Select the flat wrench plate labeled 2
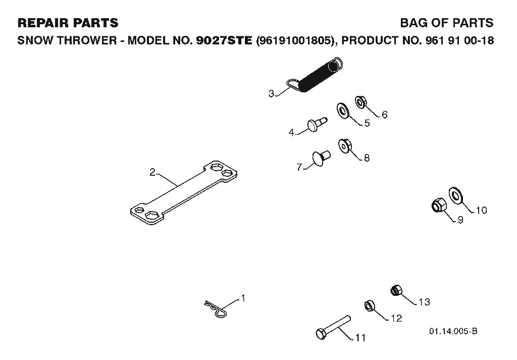coord(184,193)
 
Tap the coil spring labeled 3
coord(317,75)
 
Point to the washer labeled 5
coord(343,111)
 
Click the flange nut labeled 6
coord(360,101)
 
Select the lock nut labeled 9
coord(439,205)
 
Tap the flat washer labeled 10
coord(456,196)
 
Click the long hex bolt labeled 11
coord(333,327)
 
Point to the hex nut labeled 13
coord(396,290)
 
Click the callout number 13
coord(424,302)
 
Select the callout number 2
coord(152,172)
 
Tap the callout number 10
coord(481,210)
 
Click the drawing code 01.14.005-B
coord(453,331)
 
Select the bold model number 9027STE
coord(224,40)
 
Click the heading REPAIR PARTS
coord(68,23)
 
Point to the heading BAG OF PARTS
coord(447,23)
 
